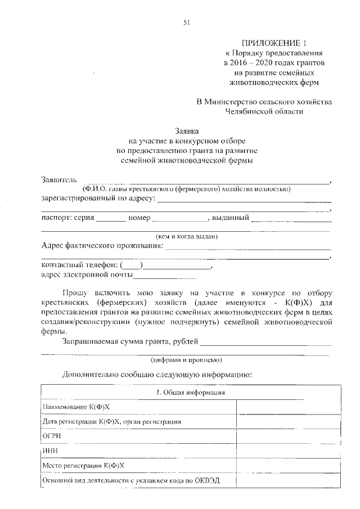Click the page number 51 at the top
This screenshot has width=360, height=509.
[x=187, y=22]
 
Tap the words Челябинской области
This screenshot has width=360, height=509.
[x=264, y=111]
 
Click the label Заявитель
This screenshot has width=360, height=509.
[x=58, y=180]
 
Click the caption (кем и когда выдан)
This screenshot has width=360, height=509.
[x=187, y=236]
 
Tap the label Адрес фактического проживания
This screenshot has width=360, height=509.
[x=102, y=246]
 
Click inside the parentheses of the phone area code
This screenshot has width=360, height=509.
[x=132, y=265]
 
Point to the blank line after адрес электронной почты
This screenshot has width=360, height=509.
[x=165, y=276]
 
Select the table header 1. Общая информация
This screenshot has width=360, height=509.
[x=191, y=392]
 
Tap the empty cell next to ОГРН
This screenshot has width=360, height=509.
[x=288, y=436]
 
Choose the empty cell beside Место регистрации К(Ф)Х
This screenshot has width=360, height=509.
[x=288, y=466]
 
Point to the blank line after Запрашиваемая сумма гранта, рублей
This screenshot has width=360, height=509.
[x=265, y=343]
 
